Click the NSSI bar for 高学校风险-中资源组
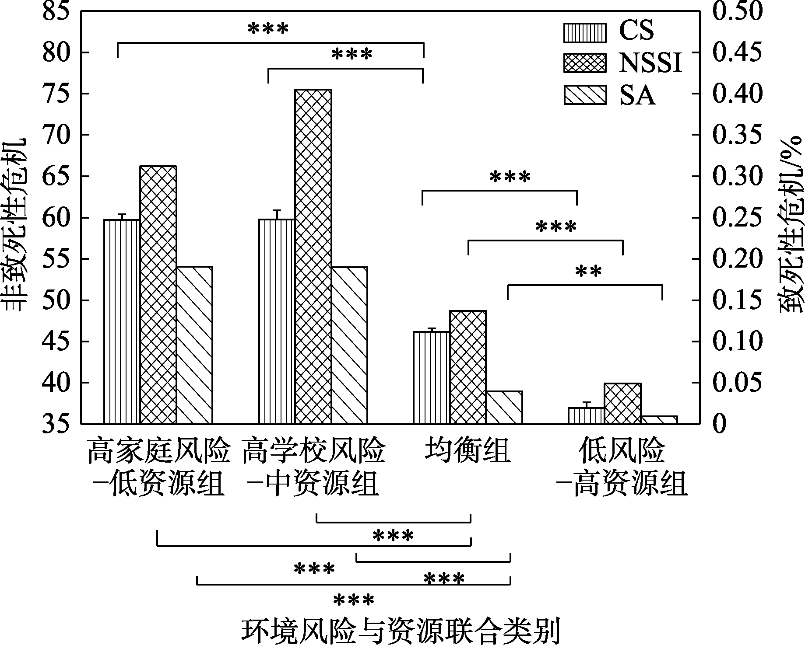(x=313, y=256)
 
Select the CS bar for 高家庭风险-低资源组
(x=122, y=321)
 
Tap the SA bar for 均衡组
(x=504, y=407)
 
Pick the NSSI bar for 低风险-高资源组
(x=622, y=403)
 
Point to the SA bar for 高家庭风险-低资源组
(x=194, y=345)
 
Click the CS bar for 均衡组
(x=432, y=377)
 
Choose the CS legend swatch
(x=585, y=32)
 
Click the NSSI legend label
(x=650, y=64)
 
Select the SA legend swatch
(x=585, y=95)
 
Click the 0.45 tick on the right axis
(x=738, y=52)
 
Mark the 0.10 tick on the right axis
(x=738, y=342)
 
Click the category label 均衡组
(x=468, y=451)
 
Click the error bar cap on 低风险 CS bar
(x=587, y=402)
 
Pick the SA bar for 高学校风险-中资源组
(x=349, y=345)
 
